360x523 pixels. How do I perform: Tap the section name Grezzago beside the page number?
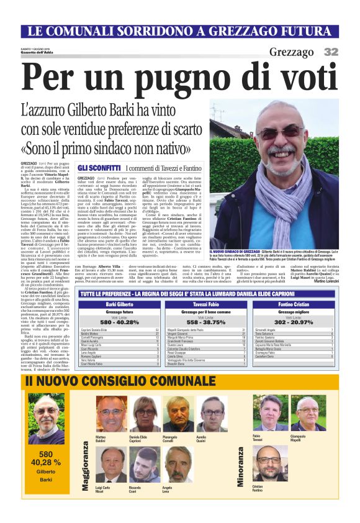coord(291,52)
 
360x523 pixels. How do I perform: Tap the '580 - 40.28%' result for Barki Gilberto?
coord(119,322)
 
